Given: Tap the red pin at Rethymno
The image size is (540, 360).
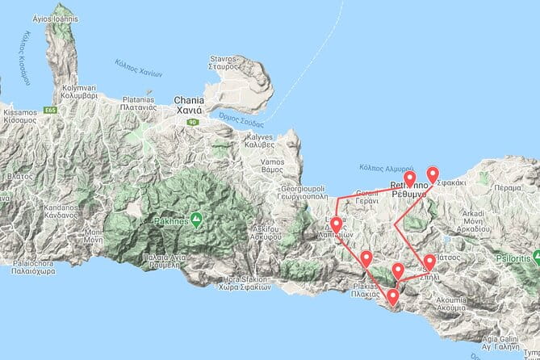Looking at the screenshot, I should [x=409, y=179].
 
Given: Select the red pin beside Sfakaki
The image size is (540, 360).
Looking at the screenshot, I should [x=433, y=174].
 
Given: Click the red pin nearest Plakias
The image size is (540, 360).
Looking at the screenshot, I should [x=392, y=298].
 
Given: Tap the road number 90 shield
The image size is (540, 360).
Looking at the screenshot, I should [x=192, y=122].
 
